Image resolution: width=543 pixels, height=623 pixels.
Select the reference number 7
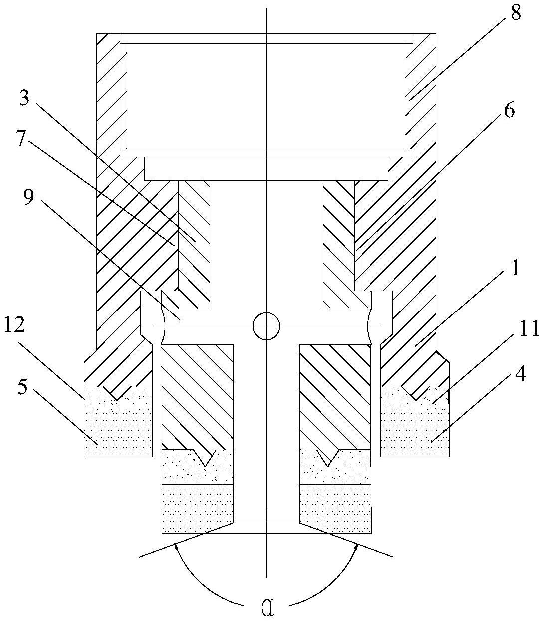[x=20, y=139]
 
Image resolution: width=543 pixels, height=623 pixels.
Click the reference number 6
[x=508, y=111]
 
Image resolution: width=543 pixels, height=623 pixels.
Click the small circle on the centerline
[x=267, y=326]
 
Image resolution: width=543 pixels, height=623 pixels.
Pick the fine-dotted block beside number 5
[x=118, y=434]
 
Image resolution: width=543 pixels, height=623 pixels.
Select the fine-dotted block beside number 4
[x=414, y=434]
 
